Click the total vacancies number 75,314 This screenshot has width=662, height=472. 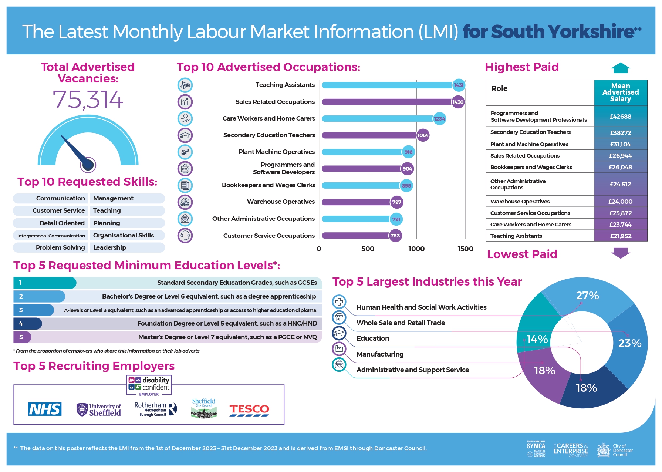click(x=88, y=100)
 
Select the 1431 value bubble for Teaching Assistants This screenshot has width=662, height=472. click(x=459, y=85)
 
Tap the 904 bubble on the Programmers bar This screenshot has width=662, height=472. click(x=407, y=169)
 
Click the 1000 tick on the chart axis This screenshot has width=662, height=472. click(x=416, y=249)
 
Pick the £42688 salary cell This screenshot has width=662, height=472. click(x=620, y=117)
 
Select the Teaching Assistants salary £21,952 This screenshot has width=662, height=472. click(x=620, y=236)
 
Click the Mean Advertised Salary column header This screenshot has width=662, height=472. click(x=620, y=92)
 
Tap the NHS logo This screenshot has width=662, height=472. click(x=45, y=409)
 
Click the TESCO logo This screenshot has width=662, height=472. click(x=249, y=410)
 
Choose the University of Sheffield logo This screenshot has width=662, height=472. click(x=99, y=410)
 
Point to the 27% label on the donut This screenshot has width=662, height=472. click(x=587, y=296)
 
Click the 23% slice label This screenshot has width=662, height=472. click(x=629, y=343)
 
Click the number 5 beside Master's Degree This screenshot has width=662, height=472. click(x=21, y=337)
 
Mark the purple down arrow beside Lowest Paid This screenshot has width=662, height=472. click(x=621, y=253)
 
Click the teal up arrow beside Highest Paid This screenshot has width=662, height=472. click(x=621, y=68)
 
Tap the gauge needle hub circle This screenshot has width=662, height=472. click(x=88, y=165)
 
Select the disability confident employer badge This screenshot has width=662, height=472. click(x=149, y=386)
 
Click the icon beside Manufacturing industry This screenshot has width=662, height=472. click(x=339, y=348)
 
